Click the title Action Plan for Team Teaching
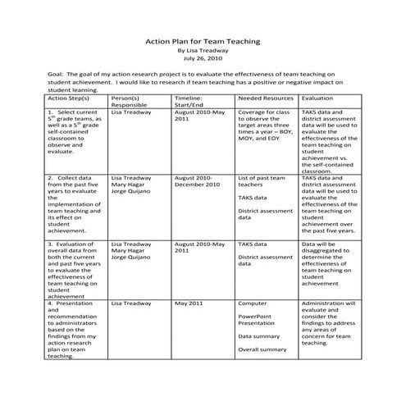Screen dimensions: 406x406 click(x=203, y=39)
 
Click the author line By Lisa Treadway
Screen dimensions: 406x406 click(x=203, y=50)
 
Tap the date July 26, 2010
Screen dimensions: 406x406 click(x=203, y=59)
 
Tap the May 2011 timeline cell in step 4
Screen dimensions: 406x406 click(x=188, y=303)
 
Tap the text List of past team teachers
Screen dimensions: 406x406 click(x=261, y=181)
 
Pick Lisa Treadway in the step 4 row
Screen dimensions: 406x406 click(x=130, y=303)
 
